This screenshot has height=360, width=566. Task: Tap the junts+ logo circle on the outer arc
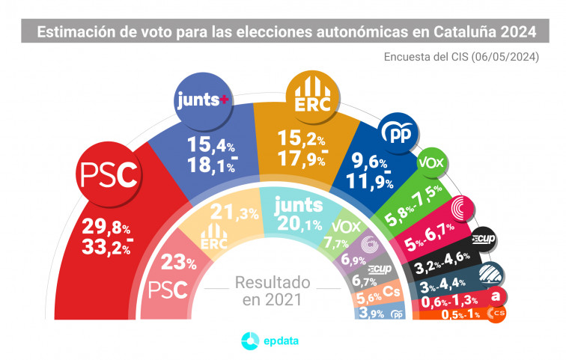(202, 103)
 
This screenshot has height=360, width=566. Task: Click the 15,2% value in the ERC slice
(308, 141)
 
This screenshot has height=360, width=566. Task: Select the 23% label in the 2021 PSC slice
(180, 263)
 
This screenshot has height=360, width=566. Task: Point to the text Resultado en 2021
(272, 291)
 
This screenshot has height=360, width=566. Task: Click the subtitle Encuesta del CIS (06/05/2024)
(462, 58)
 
